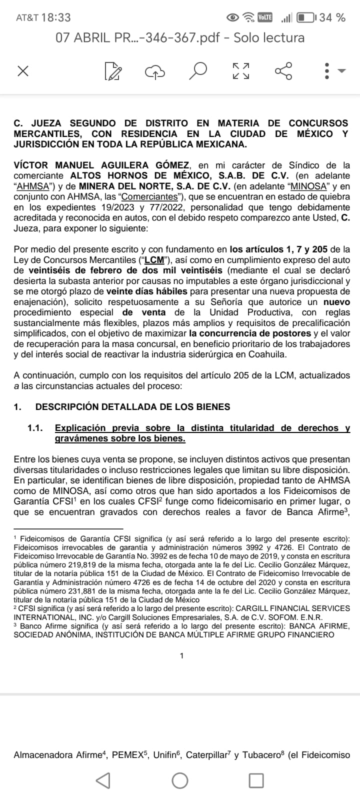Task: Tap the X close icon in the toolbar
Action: (x=22, y=71)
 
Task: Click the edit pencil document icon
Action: (x=113, y=71)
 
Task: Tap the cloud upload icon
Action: (x=155, y=71)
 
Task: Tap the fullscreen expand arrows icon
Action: (x=240, y=71)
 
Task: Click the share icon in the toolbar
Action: (x=283, y=71)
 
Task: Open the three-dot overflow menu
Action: (x=327, y=71)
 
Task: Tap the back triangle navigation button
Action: (x=103, y=780)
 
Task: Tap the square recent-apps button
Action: (x=256, y=780)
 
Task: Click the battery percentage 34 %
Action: (x=332, y=17)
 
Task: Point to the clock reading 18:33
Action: (x=56, y=17)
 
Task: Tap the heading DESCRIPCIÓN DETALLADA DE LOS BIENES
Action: (x=132, y=406)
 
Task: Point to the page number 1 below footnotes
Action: (x=181, y=655)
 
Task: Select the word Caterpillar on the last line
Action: (x=207, y=755)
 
